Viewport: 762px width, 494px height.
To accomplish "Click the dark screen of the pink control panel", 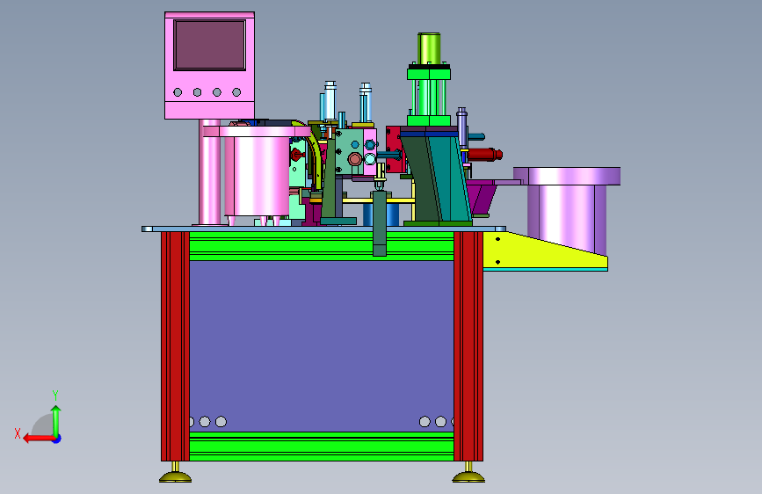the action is click(209, 45).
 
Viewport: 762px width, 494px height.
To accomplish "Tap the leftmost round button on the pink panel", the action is click(178, 92).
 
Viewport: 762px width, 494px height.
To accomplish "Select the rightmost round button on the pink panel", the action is click(236, 92).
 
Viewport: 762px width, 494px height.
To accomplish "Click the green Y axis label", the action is click(55, 395).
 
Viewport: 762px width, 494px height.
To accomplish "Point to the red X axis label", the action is click(18, 433).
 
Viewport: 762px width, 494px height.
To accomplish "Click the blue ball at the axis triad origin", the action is click(57, 439).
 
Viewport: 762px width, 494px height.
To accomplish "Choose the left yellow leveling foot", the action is click(176, 474).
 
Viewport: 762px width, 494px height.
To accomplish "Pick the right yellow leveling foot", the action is click(468, 474).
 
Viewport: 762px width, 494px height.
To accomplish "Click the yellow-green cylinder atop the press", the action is click(429, 48).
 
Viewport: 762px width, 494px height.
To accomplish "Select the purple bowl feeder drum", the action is click(567, 209).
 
